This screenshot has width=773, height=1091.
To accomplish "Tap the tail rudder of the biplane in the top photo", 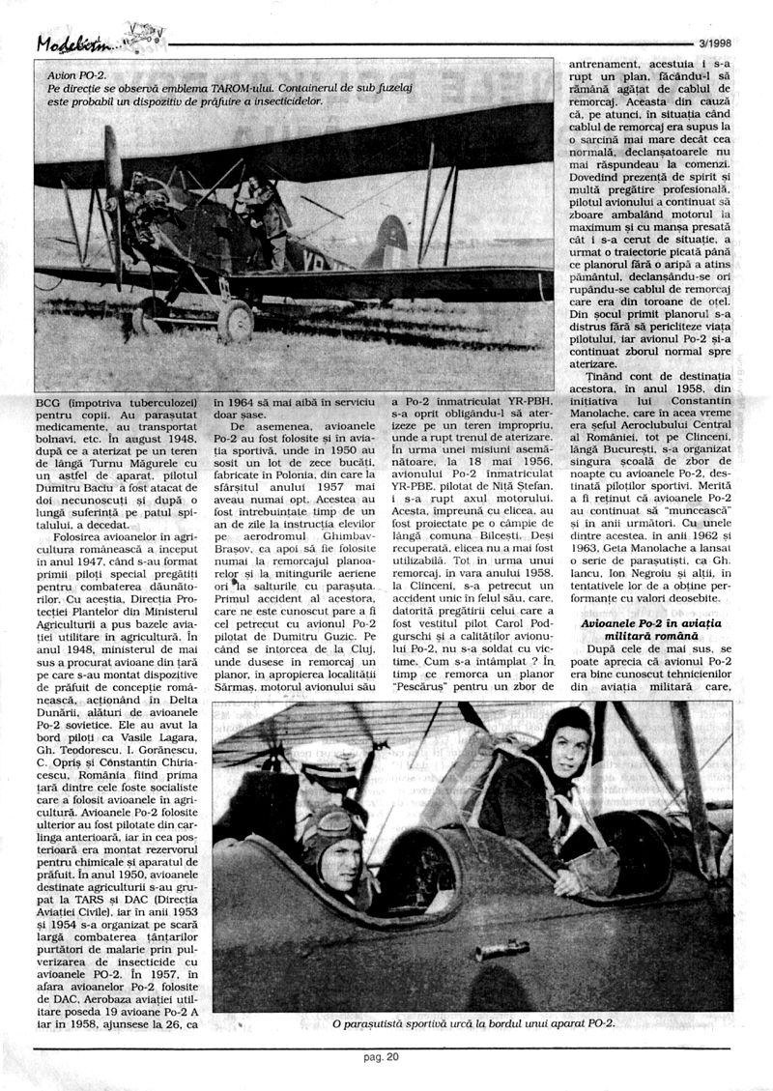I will coord(388,242).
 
